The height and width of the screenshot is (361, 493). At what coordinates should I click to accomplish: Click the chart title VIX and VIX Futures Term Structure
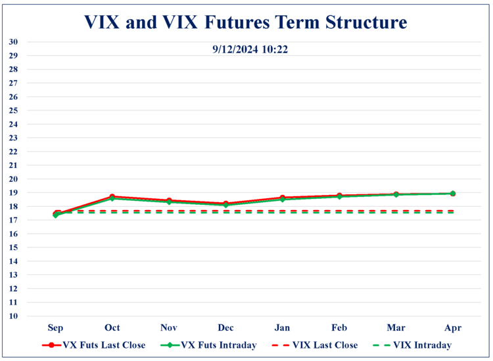tap(246, 22)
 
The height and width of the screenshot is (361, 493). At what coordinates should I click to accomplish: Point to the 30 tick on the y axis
tap(13, 42)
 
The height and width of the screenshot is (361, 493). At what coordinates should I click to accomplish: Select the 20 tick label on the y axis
tap(13, 179)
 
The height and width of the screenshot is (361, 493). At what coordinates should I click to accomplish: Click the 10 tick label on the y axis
tap(13, 316)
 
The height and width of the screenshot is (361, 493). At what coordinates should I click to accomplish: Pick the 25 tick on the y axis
tap(13, 110)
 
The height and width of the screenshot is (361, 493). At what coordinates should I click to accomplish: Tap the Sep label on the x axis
tap(56, 327)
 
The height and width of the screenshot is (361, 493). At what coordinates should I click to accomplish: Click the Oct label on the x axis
tap(112, 327)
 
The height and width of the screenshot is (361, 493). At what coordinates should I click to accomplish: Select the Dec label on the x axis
tap(226, 327)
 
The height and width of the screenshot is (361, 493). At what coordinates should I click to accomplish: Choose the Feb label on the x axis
tap(339, 327)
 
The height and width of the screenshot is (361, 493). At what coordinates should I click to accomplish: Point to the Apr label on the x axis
tap(452, 327)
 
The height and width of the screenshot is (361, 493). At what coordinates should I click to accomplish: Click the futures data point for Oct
tap(112, 197)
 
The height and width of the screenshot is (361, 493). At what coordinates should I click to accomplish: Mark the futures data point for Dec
tap(226, 204)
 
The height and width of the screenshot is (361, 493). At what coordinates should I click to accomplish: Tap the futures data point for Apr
tap(452, 194)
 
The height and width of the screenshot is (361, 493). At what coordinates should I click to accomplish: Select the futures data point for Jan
tap(283, 198)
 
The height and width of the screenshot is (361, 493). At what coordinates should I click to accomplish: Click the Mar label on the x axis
tap(396, 327)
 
